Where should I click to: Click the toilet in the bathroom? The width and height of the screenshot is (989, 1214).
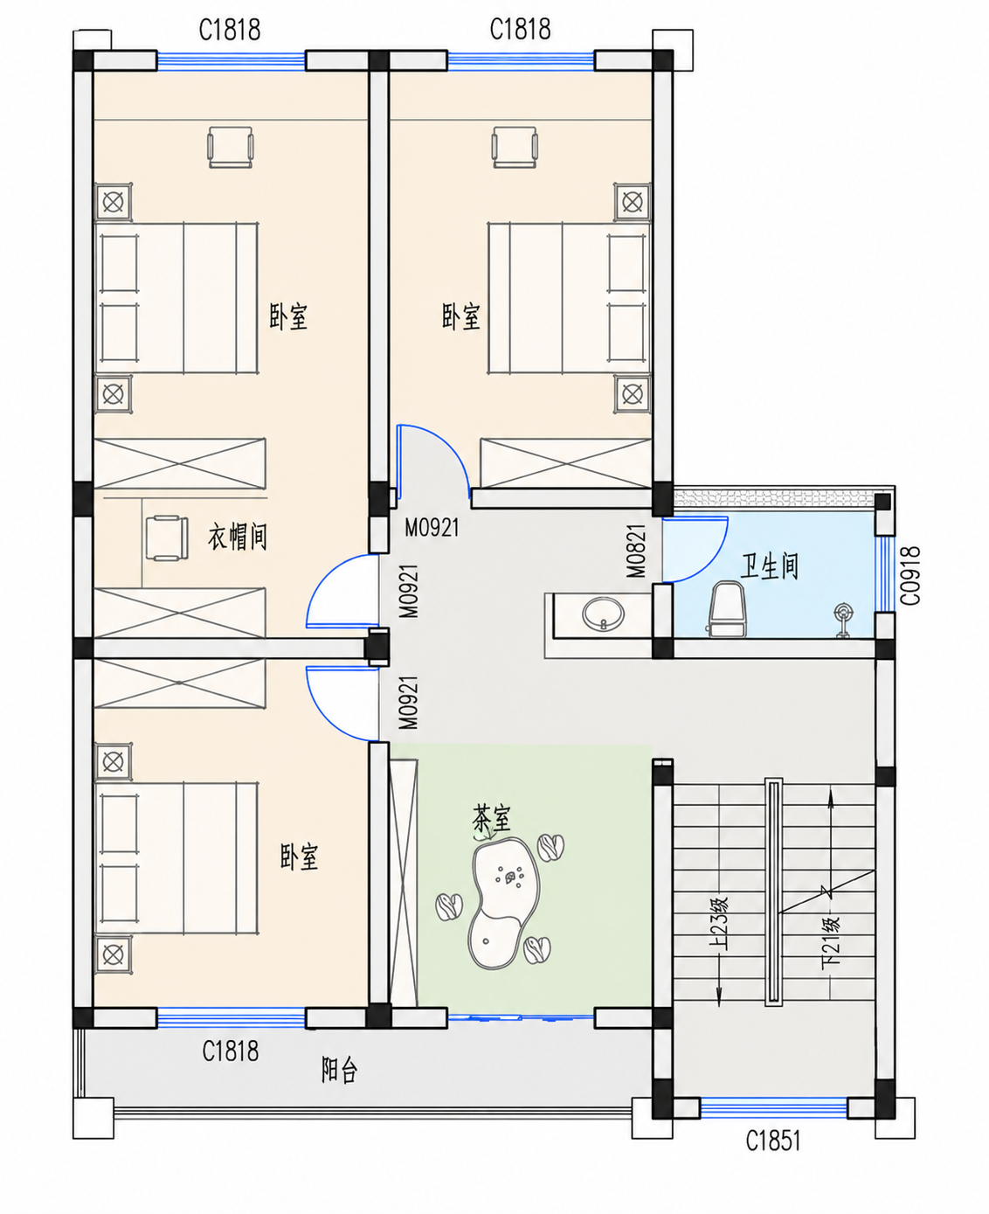[x=728, y=609]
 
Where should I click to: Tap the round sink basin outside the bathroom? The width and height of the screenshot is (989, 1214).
[x=604, y=614]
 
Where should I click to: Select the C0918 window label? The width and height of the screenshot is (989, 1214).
[x=910, y=576]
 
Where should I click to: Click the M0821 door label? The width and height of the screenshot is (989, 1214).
[x=636, y=551]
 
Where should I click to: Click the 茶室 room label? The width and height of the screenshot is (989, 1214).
[x=492, y=819]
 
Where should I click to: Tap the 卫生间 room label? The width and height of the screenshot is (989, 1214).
[x=769, y=566]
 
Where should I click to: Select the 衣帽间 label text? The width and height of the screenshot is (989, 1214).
[x=237, y=537]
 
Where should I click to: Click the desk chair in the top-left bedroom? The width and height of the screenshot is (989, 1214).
[x=230, y=147]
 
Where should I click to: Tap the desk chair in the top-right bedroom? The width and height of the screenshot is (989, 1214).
[x=515, y=147]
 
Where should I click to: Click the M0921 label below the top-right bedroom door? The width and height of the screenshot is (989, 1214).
[x=432, y=528]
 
